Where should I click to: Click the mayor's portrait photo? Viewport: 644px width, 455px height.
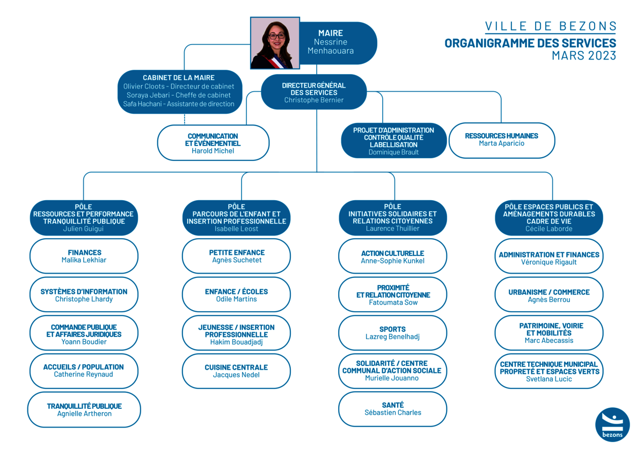tap(275, 43)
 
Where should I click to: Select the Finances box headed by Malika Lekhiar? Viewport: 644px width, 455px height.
tap(84, 256)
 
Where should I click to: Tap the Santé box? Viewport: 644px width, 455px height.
tap(393, 409)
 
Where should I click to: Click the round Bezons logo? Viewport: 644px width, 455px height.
tap(612, 424)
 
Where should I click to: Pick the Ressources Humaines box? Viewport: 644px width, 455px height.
tap(502, 141)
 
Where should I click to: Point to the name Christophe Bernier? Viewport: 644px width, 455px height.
tap(313, 100)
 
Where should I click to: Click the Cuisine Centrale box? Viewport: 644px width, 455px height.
tap(236, 371)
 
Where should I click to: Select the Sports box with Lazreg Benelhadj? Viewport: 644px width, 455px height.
tap(393, 333)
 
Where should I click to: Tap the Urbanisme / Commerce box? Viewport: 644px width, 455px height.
tap(549, 295)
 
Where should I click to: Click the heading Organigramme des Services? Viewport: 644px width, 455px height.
tap(530, 43)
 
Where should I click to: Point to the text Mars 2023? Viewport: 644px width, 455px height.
tap(584, 55)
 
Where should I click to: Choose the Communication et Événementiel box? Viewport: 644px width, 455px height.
tap(213, 143)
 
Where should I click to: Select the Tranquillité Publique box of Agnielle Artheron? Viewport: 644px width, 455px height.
tap(84, 409)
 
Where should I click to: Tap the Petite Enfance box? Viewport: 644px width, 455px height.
tap(236, 256)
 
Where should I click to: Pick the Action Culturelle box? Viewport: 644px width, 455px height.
tap(393, 256)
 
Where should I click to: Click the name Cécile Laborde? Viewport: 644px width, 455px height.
tap(549, 229)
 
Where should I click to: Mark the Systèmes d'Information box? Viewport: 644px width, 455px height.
tap(84, 295)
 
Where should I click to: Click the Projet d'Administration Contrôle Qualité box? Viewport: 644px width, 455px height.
tap(393, 141)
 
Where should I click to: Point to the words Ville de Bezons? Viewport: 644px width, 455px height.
tap(551, 26)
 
